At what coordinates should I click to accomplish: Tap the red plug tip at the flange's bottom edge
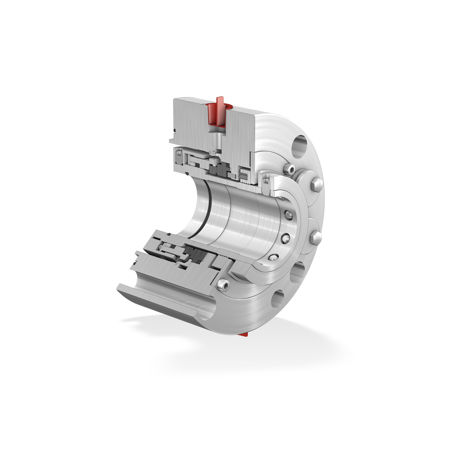click(x=244, y=334)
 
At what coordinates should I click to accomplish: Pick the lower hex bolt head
click(x=317, y=237)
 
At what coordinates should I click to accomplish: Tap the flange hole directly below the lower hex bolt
click(x=297, y=273)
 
